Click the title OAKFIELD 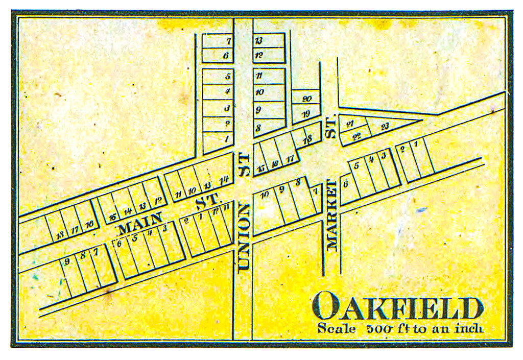point(398,307)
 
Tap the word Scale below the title point(336,328)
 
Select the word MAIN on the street point(139,223)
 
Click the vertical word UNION point(244,235)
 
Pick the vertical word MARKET point(332,215)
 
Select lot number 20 point(306,99)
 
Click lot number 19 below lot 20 point(306,113)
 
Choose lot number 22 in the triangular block point(358,135)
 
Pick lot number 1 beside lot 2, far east point(416,145)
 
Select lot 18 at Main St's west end point(61,234)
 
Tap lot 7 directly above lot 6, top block point(228,41)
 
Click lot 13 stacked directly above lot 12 point(258,41)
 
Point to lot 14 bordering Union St point(223,179)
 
